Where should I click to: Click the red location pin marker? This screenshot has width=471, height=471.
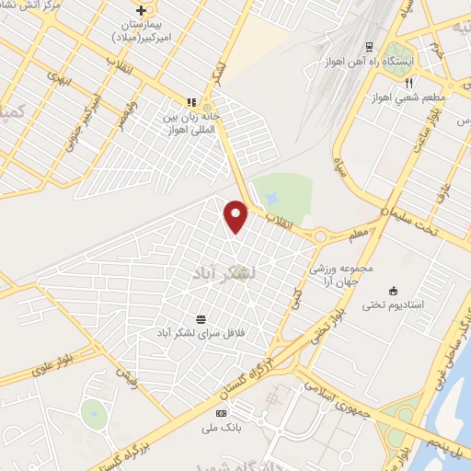click(236, 216)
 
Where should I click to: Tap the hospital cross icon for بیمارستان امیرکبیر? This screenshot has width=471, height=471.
click(140, 10)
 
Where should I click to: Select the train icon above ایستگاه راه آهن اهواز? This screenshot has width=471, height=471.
click(370, 46)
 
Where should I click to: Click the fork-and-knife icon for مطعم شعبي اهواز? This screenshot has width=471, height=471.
click(408, 83)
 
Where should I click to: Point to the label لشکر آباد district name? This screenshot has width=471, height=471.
click(220, 273)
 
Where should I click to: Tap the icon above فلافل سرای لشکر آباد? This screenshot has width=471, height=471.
click(201, 318)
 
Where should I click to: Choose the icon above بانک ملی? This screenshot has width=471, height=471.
click(221, 414)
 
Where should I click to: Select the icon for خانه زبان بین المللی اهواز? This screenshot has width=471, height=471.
click(192, 102)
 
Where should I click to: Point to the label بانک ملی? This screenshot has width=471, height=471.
click(221, 428)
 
